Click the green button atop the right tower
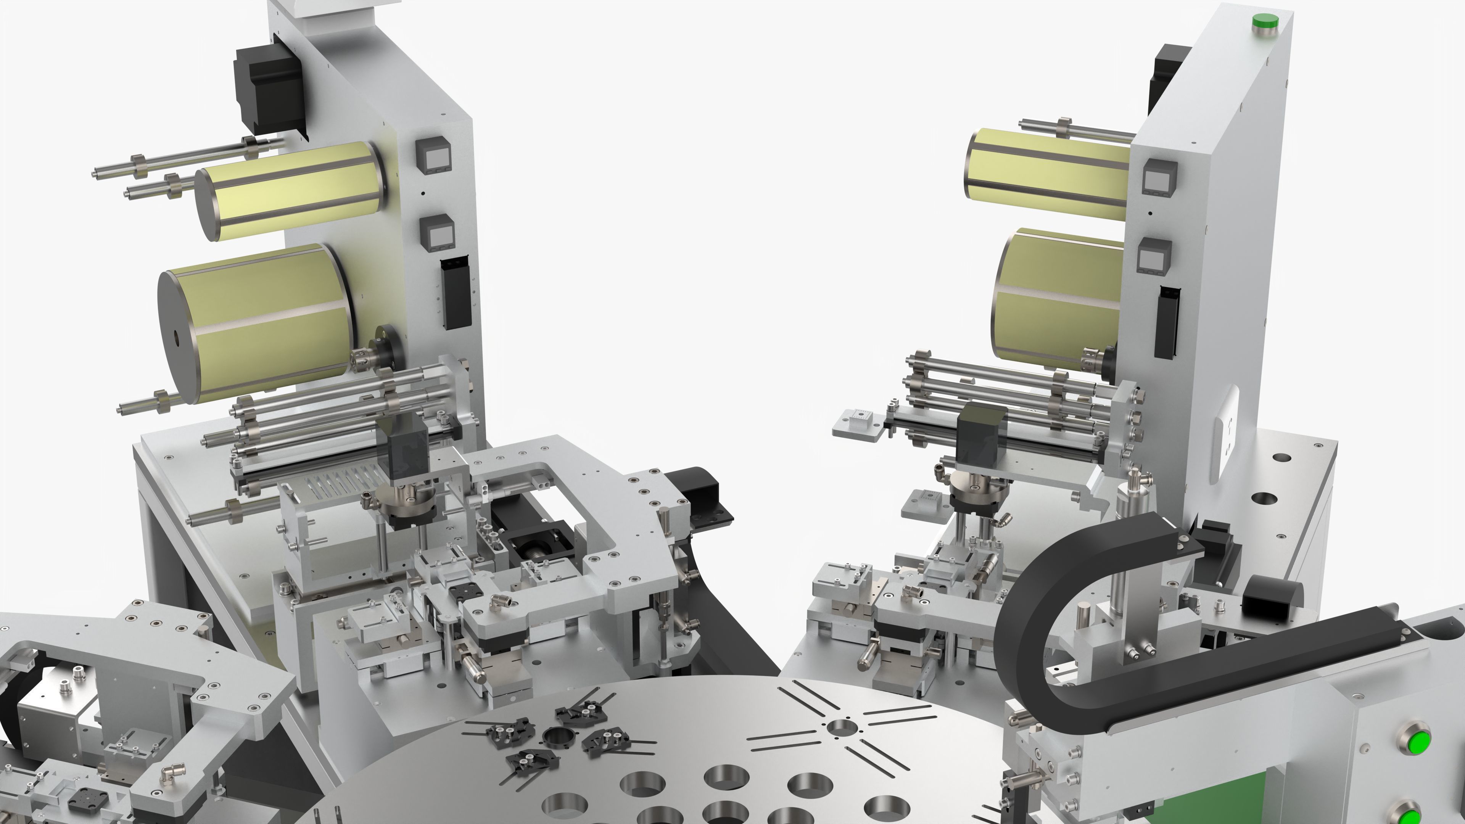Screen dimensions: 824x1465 (x=1265, y=22)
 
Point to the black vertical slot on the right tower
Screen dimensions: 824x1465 (x=1166, y=321)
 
